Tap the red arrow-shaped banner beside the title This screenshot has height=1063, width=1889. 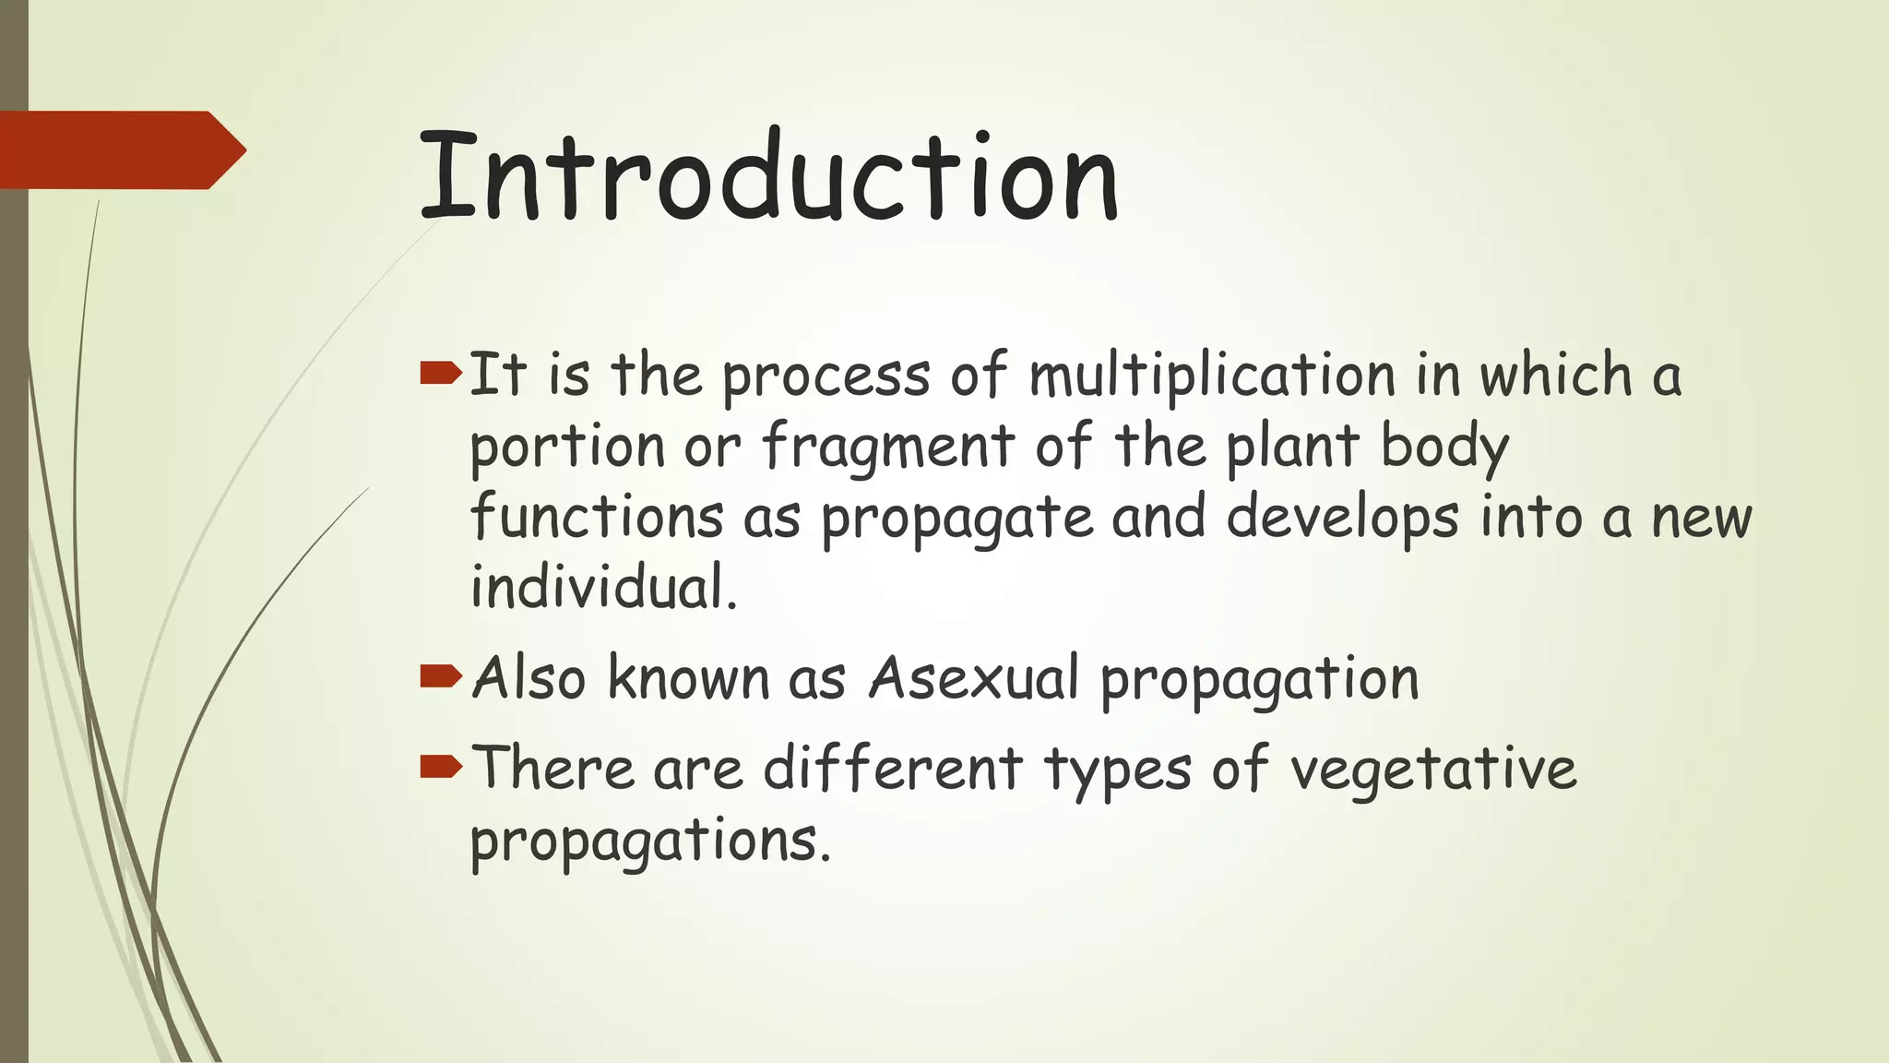[x=120, y=150]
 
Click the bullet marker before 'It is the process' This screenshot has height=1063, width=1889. [x=440, y=373]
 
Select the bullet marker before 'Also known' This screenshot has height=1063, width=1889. [x=440, y=677]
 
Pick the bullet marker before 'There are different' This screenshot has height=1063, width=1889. [x=440, y=766]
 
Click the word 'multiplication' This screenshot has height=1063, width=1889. [x=1212, y=376]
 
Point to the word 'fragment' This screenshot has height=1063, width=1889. [x=888, y=447]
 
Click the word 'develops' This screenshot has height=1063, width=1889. [x=1343, y=518]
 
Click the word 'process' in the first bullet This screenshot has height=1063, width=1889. [x=826, y=377]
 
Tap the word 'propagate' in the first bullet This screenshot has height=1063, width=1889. [x=956, y=519]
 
